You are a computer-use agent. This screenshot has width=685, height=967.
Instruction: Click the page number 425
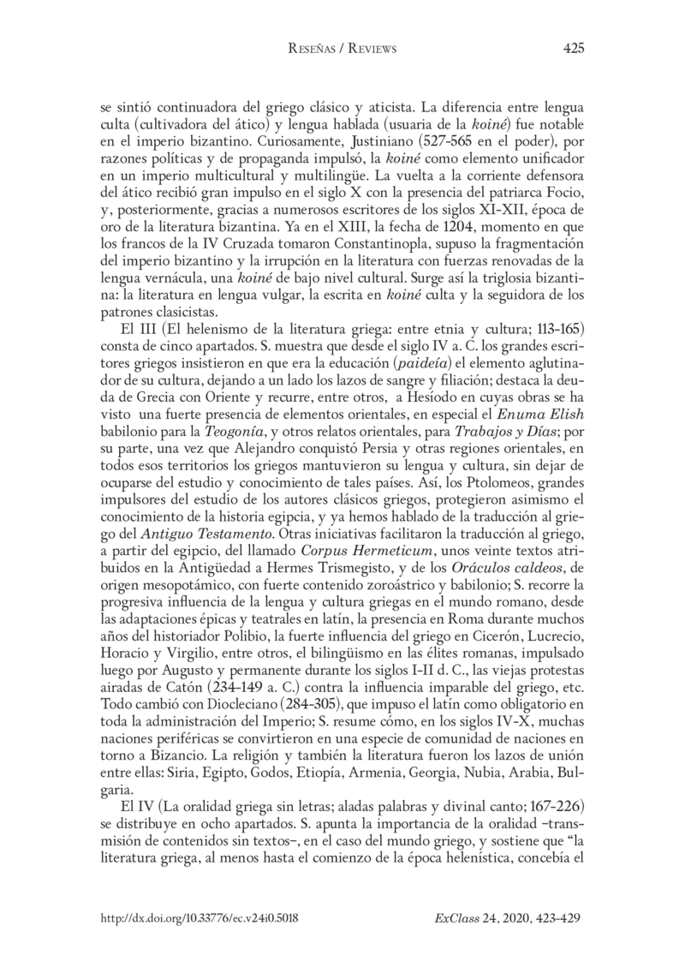pyautogui.click(x=573, y=49)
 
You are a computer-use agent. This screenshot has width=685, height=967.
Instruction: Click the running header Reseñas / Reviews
pyautogui.click(x=342, y=49)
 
